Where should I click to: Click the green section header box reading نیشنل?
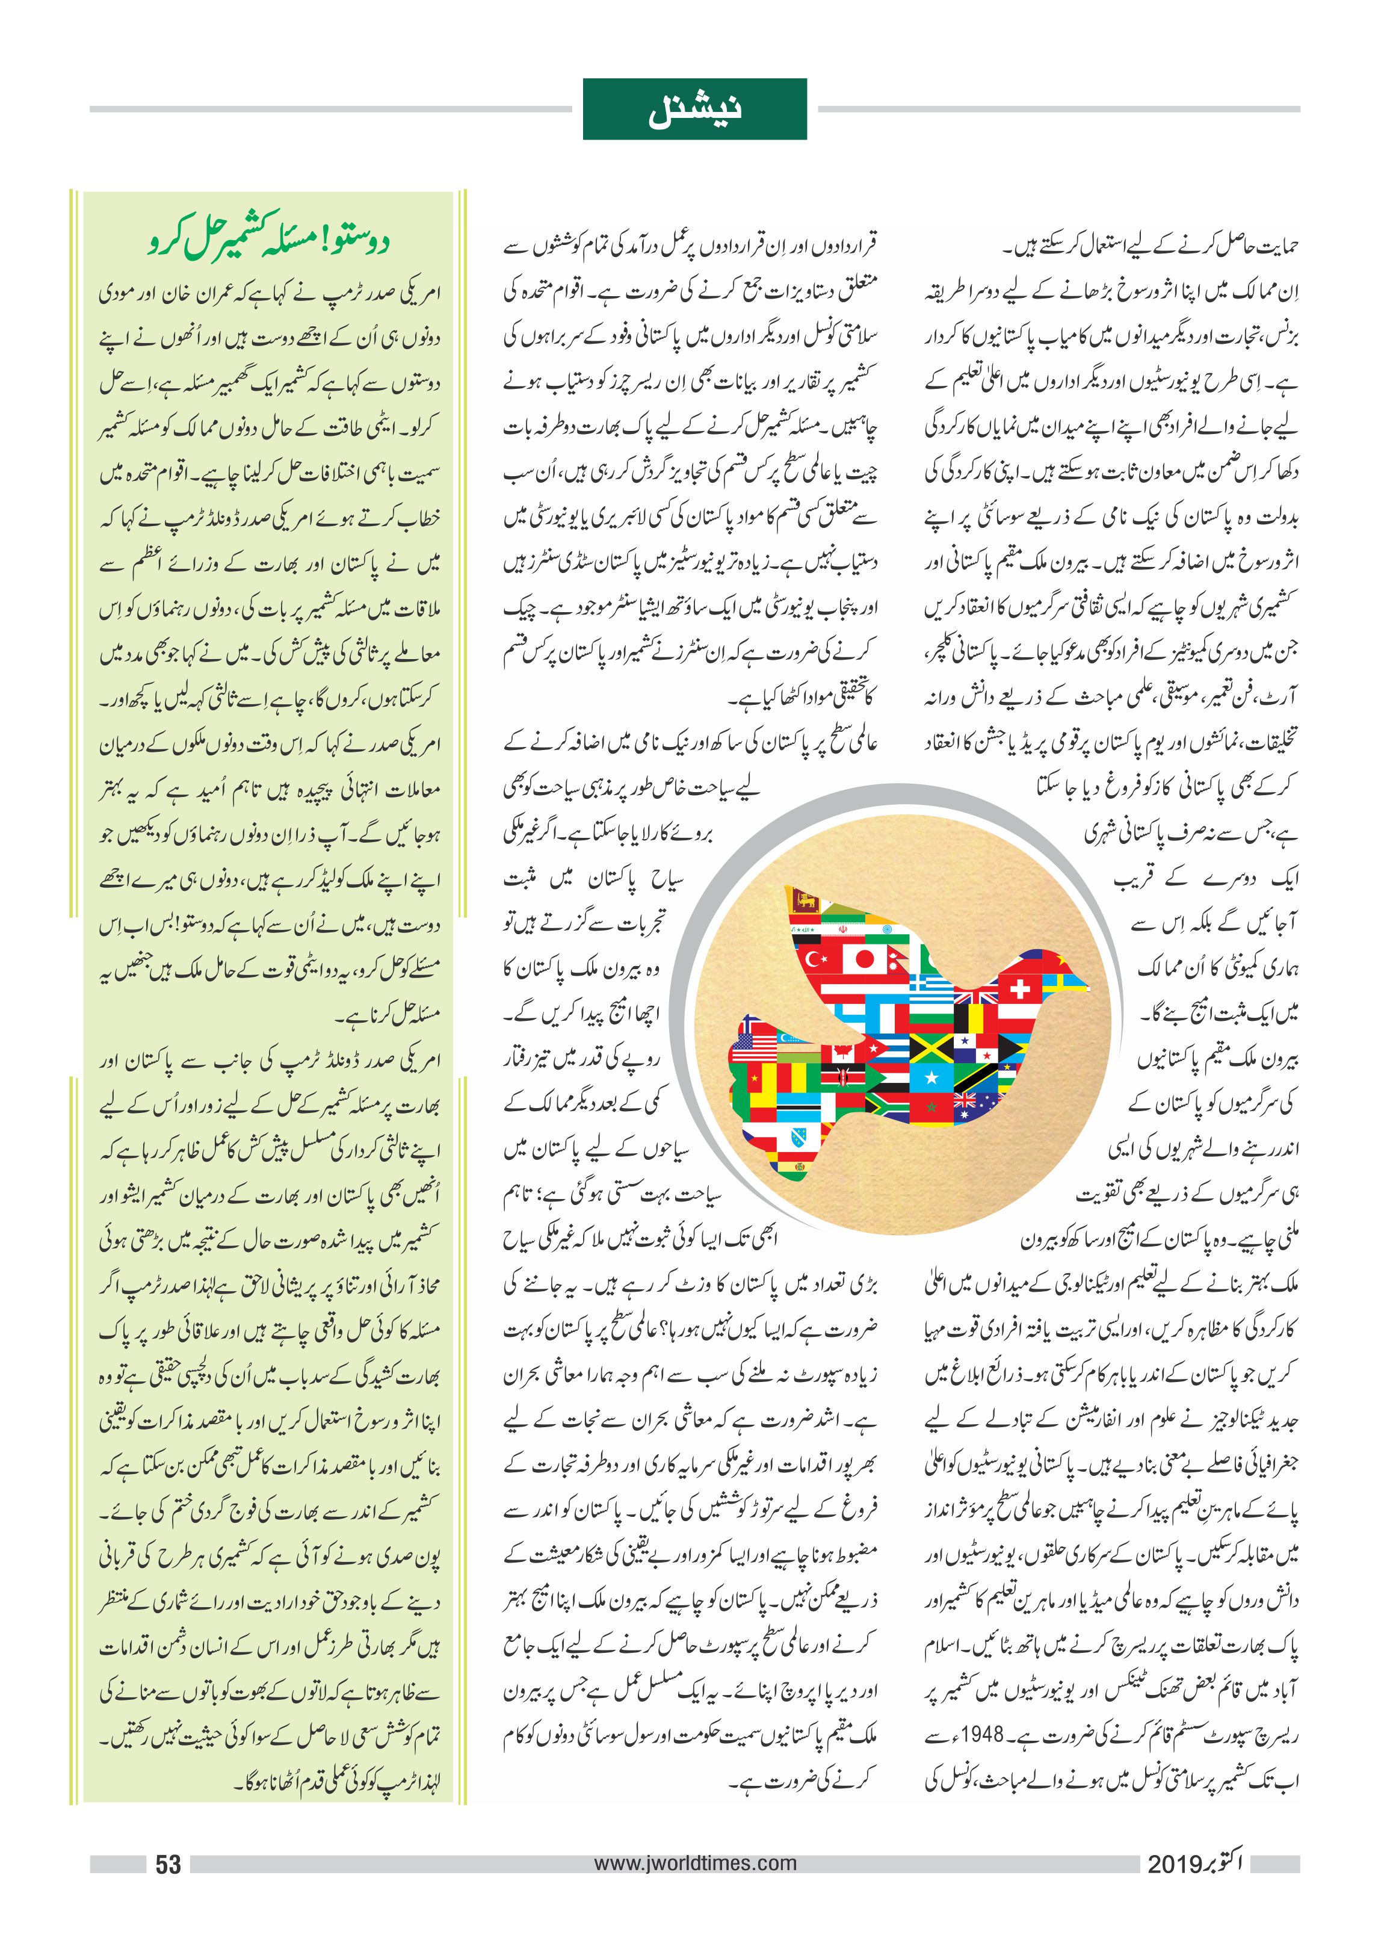tap(694, 109)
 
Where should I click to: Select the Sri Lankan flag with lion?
tap(805, 898)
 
